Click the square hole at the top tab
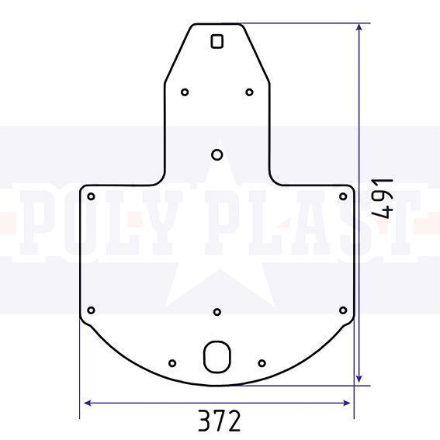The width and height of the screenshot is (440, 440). point(217,42)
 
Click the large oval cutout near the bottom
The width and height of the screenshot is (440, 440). point(217,357)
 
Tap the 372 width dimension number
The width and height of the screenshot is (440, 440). point(220,420)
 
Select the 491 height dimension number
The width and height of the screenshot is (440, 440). point(383,198)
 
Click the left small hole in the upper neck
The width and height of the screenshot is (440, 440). point(185,92)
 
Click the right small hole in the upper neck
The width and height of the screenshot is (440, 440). point(249,92)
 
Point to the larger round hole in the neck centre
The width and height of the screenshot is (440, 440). point(217,154)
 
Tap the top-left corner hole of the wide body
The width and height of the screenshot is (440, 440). point(91,196)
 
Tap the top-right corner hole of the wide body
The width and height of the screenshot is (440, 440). point(343,196)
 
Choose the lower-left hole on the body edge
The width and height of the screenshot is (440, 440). point(91,310)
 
